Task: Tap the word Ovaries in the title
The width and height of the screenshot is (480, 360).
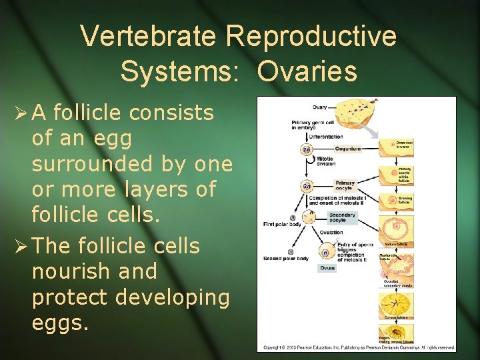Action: tap(307, 72)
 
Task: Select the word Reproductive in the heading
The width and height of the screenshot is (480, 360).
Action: tap(311, 36)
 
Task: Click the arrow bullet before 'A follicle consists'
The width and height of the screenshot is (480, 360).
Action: tap(18, 114)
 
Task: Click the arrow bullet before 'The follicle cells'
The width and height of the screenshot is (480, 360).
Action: tap(18, 246)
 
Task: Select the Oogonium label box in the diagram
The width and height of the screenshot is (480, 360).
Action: tap(347, 149)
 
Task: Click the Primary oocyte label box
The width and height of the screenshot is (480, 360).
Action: tap(345, 185)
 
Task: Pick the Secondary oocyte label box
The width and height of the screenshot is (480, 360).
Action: tap(342, 218)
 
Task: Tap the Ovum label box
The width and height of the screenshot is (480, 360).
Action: tap(327, 268)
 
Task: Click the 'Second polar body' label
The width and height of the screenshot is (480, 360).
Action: tap(285, 259)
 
